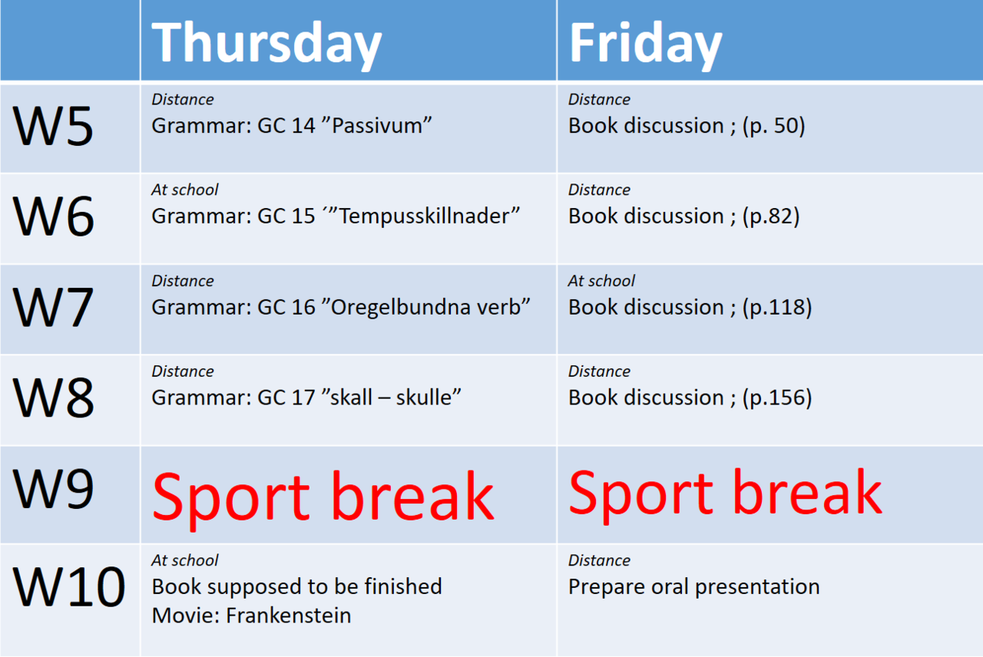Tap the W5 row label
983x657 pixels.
click(x=53, y=127)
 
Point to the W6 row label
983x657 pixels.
click(x=53, y=216)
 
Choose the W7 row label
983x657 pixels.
click(x=53, y=307)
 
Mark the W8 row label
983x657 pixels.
click(x=53, y=398)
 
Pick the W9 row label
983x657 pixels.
click(x=53, y=488)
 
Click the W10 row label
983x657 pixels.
click(x=69, y=587)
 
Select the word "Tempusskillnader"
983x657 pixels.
click(x=425, y=216)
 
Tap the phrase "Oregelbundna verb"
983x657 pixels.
click(x=426, y=307)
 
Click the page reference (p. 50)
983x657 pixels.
click(x=773, y=127)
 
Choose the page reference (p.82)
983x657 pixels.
click(x=771, y=216)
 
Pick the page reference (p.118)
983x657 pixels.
click(x=777, y=308)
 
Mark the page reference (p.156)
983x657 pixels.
click(x=777, y=398)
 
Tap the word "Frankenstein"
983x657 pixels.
click(x=288, y=616)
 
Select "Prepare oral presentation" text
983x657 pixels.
click(x=693, y=587)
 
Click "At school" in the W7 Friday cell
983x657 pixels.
click(x=601, y=281)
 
